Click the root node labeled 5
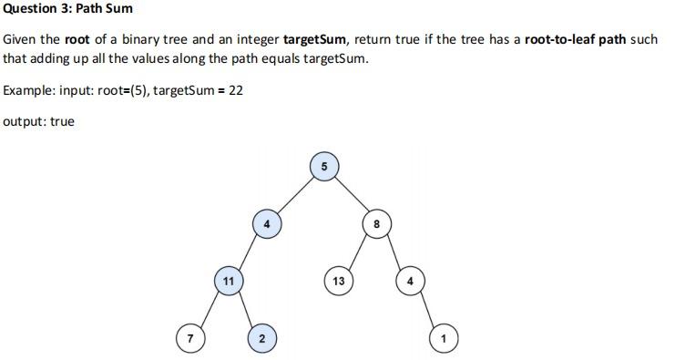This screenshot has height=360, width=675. (x=324, y=167)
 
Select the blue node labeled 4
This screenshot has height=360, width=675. (x=266, y=223)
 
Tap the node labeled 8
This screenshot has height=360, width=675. (x=375, y=224)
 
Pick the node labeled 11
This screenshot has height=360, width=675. (x=228, y=281)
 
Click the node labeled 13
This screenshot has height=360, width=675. (x=339, y=281)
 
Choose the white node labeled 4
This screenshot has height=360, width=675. (x=410, y=281)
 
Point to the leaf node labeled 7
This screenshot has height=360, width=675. (x=189, y=338)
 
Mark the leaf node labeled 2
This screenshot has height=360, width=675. (x=261, y=338)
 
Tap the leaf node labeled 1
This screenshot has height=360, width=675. (x=443, y=338)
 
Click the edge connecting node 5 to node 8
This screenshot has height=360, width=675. (x=350, y=195)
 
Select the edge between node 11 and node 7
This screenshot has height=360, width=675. (x=209, y=310)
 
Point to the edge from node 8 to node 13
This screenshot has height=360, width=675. (x=357, y=252)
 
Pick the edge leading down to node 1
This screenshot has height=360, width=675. (x=426, y=310)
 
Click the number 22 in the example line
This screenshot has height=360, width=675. (x=236, y=91)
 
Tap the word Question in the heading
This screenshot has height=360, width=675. (x=28, y=9)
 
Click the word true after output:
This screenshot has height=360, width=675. (x=62, y=121)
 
